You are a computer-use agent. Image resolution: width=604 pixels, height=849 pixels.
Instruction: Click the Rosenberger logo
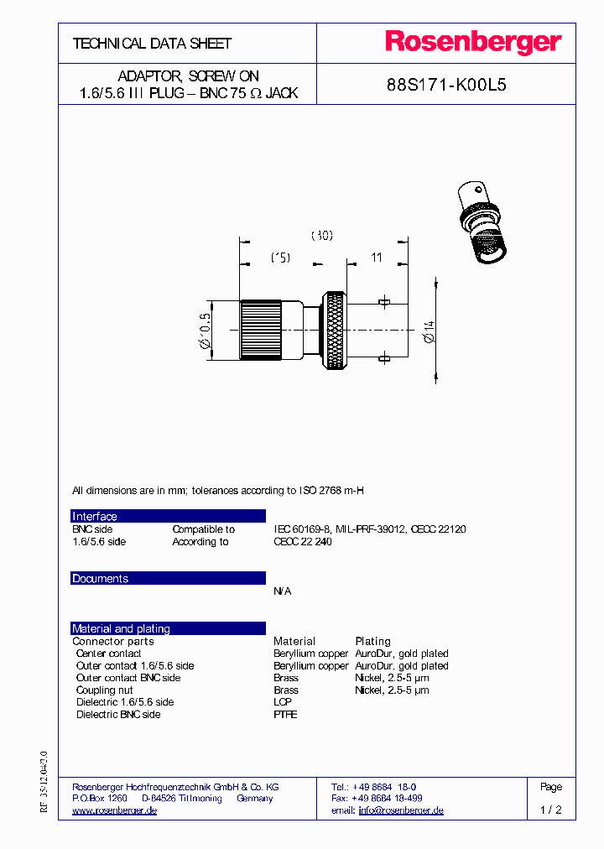[x=472, y=43]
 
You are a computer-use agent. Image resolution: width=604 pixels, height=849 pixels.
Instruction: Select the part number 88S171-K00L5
[x=446, y=85]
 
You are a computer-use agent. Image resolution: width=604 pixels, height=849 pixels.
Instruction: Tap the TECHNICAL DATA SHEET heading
[x=152, y=44]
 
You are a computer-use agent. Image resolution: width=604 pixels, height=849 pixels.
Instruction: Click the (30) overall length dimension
[x=322, y=236]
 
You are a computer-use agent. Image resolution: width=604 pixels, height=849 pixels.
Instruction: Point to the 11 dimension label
[x=377, y=258]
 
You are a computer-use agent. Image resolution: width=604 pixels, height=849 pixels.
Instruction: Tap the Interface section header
[x=95, y=517]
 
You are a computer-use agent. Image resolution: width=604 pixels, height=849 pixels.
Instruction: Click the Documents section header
[x=100, y=579]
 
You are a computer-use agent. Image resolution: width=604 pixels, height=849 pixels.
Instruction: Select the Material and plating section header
[x=121, y=628]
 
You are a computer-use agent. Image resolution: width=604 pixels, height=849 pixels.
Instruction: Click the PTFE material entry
[x=285, y=715]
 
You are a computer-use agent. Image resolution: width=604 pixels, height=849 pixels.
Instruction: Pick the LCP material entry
[x=283, y=702]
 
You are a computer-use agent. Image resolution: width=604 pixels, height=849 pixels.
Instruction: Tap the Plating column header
[x=372, y=641]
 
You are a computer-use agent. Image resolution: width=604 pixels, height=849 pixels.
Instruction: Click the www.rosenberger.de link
[x=115, y=810]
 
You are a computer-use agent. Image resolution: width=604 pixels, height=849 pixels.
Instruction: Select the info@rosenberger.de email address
[x=401, y=810]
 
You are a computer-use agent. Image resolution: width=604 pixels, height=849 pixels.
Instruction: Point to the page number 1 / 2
[x=550, y=810]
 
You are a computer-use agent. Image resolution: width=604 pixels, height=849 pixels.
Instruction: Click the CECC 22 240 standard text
[x=303, y=542]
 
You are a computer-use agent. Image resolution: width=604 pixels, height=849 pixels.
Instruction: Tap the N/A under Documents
[x=283, y=591]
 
